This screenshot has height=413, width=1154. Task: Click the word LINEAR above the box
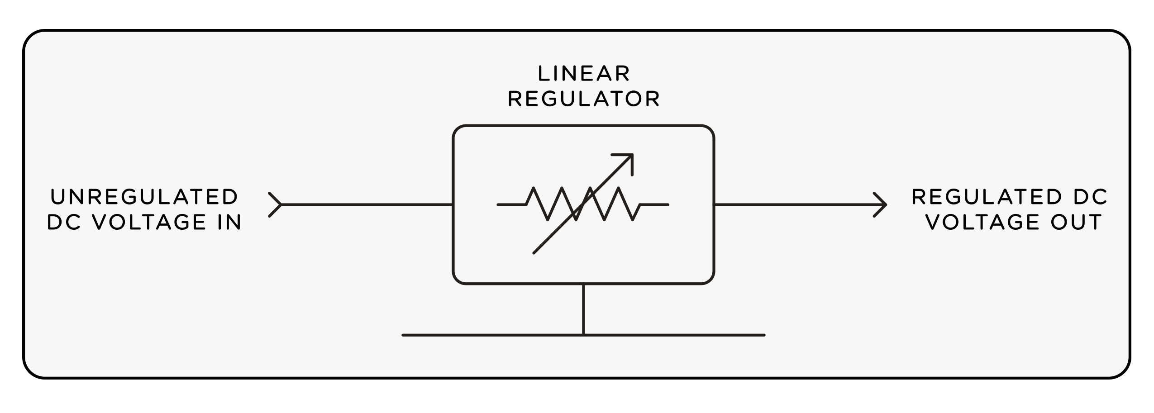tap(583, 74)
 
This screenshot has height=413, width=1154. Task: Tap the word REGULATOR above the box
tap(584, 100)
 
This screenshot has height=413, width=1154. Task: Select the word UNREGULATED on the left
tap(144, 197)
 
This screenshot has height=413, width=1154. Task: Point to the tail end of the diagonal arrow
tap(535, 252)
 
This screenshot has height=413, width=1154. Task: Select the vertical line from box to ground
tap(583, 309)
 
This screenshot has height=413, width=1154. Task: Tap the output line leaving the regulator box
tap(792, 205)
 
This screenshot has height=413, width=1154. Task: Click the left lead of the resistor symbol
tap(511, 205)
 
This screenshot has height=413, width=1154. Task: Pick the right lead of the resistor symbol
tap(654, 205)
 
